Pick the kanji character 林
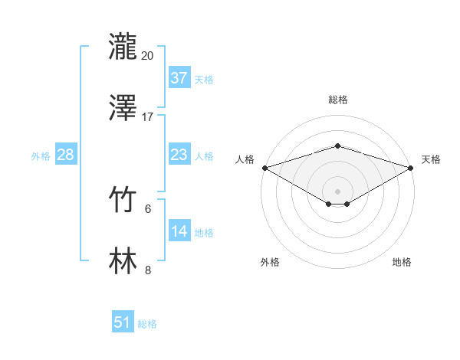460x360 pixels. [123, 260]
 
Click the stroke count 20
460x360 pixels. [148, 56]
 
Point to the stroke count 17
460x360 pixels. [148, 116]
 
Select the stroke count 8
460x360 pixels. [148, 269]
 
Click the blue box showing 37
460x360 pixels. [179, 77]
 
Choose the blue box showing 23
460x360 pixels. [179, 155]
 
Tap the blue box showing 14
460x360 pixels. [179, 231]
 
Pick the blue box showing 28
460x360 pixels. [65, 155]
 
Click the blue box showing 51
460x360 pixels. [123, 322]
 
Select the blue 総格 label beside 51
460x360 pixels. [147, 324]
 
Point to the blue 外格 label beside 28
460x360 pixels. [41, 156]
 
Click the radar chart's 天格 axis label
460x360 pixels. [432, 159]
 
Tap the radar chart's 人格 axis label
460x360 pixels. [245, 159]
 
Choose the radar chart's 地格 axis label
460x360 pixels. [402, 262]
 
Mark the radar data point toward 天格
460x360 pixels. [412, 168]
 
